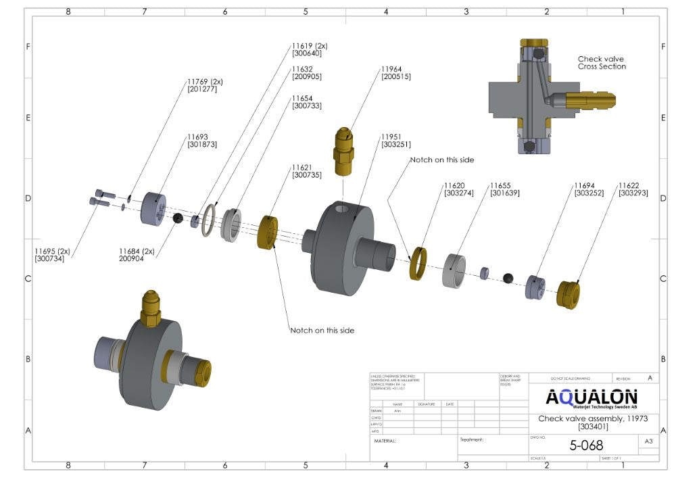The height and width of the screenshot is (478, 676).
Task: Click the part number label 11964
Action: [392, 69]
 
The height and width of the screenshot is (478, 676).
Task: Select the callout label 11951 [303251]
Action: [395, 140]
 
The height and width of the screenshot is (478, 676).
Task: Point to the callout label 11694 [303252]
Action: [589, 189]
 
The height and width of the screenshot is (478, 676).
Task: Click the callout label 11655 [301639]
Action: [504, 189]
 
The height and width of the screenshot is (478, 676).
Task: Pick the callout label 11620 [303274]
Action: [458, 189]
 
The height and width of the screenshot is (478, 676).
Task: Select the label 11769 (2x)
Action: [204, 81]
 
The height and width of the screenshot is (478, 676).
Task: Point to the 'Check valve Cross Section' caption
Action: [601, 63]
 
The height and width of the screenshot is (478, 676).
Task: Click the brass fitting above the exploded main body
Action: [345, 150]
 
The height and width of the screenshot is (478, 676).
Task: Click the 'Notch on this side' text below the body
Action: [322, 330]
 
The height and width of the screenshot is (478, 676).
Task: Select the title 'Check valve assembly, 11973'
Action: [592, 419]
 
